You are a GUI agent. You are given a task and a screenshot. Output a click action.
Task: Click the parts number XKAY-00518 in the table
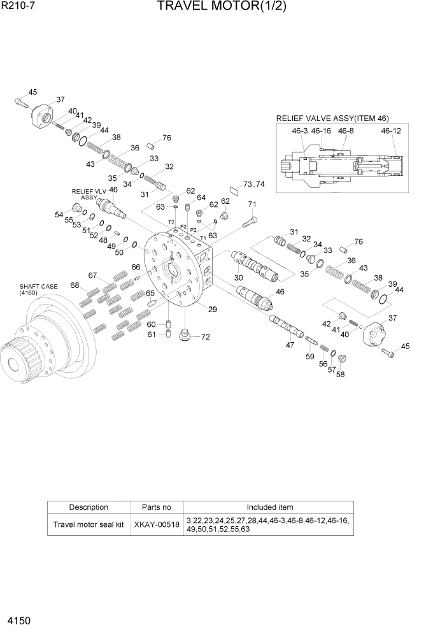pyautogui.click(x=157, y=525)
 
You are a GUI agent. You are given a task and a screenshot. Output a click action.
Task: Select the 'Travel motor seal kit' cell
pyautogui.click(x=89, y=525)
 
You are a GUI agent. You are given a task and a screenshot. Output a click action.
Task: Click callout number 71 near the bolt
pyautogui.click(x=252, y=205)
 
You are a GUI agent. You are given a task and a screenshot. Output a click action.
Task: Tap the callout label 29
pyautogui.click(x=212, y=310)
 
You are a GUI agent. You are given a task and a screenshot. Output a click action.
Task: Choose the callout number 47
pyautogui.click(x=290, y=345)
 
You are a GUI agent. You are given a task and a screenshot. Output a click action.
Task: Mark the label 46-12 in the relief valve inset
pyautogui.click(x=390, y=131)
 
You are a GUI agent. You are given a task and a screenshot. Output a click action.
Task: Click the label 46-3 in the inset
pyautogui.click(x=300, y=131)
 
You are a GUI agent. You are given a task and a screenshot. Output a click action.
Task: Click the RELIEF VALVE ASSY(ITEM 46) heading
pyautogui.click(x=332, y=118)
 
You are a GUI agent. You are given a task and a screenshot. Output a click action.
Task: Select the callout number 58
pyautogui.click(x=340, y=375)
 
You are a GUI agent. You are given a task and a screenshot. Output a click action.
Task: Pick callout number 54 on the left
pyautogui.click(x=59, y=214)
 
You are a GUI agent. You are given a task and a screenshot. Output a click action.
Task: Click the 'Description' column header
pyautogui.click(x=89, y=507)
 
